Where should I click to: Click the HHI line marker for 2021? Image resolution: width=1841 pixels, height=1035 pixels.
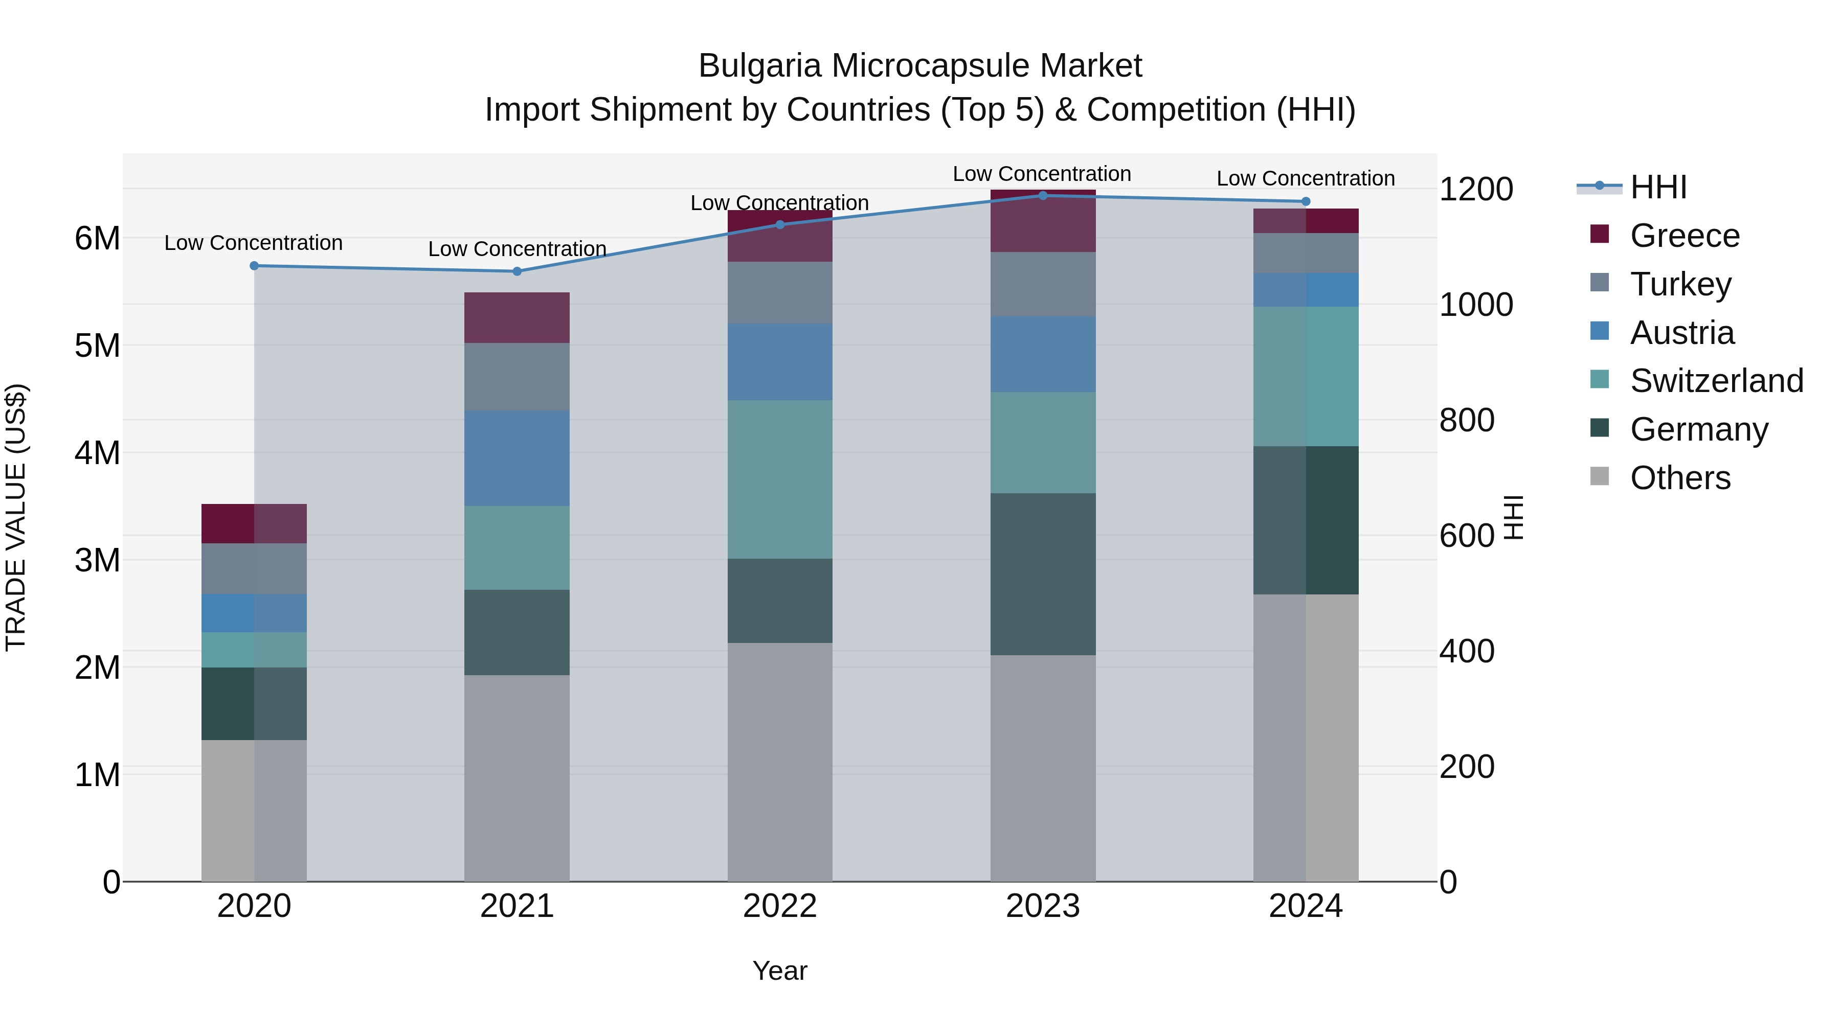[x=518, y=271]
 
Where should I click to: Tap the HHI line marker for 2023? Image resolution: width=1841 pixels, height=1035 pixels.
[x=1043, y=195]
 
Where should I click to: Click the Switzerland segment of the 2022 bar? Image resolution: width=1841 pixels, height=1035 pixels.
[x=780, y=479]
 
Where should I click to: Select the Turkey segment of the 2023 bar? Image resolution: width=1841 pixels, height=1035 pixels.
[x=1043, y=284]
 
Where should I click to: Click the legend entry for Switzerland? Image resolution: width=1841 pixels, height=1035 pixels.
[x=1716, y=381]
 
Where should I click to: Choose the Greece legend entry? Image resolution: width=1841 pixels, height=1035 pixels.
[x=1685, y=236]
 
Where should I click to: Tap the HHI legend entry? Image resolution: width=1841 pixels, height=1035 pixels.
[x=1658, y=187]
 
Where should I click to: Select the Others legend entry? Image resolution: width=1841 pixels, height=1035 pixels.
[x=1679, y=478]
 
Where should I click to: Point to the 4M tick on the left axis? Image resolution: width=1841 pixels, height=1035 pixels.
[x=97, y=453]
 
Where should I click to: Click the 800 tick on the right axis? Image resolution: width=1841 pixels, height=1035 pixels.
[x=1467, y=420]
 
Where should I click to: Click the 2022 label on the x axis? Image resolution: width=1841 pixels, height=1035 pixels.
[x=780, y=906]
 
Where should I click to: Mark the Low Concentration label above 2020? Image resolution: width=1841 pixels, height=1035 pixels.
[x=254, y=243]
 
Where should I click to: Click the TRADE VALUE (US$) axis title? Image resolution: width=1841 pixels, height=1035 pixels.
[x=16, y=517]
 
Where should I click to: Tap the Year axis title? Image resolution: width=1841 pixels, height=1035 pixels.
[x=780, y=971]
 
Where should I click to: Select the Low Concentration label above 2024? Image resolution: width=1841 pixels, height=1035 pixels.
[x=1306, y=178]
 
